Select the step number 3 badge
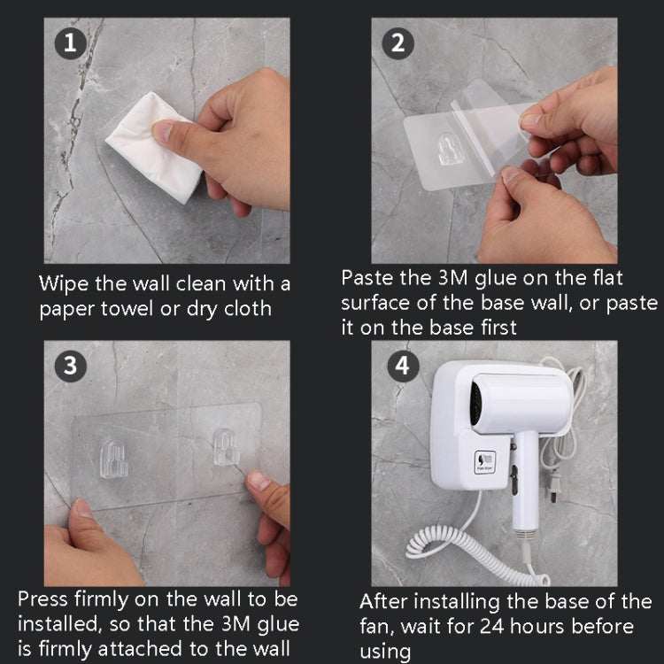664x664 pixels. tap(70, 366)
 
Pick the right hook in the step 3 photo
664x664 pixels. tap(227, 449)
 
